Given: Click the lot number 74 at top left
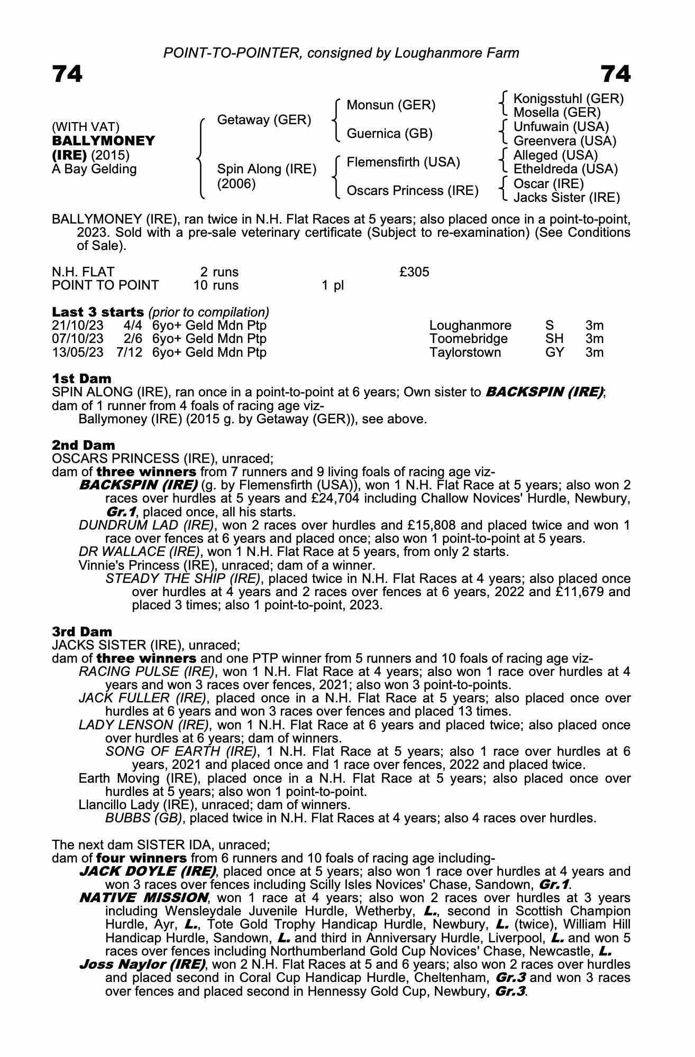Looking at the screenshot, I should click(67, 75).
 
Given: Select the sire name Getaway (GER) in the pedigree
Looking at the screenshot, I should click(264, 120).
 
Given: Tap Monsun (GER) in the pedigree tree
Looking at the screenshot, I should click(391, 105).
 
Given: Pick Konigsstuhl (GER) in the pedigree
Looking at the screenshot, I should click(569, 99).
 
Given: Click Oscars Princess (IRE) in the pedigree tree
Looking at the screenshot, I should click(412, 190).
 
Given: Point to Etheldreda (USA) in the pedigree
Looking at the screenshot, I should click(565, 169).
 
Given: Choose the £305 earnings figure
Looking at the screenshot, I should click(414, 272).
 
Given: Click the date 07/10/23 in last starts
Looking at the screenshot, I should click(77, 339).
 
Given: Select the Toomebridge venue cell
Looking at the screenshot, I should click(468, 339).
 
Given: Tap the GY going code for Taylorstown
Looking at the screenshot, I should click(554, 353).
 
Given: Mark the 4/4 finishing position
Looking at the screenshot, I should click(130, 326).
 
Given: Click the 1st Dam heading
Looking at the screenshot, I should click(82, 378).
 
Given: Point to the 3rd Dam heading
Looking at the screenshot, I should click(82, 632).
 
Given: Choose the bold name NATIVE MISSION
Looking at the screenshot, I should click(143, 898).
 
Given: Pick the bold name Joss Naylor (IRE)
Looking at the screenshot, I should click(142, 964).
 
